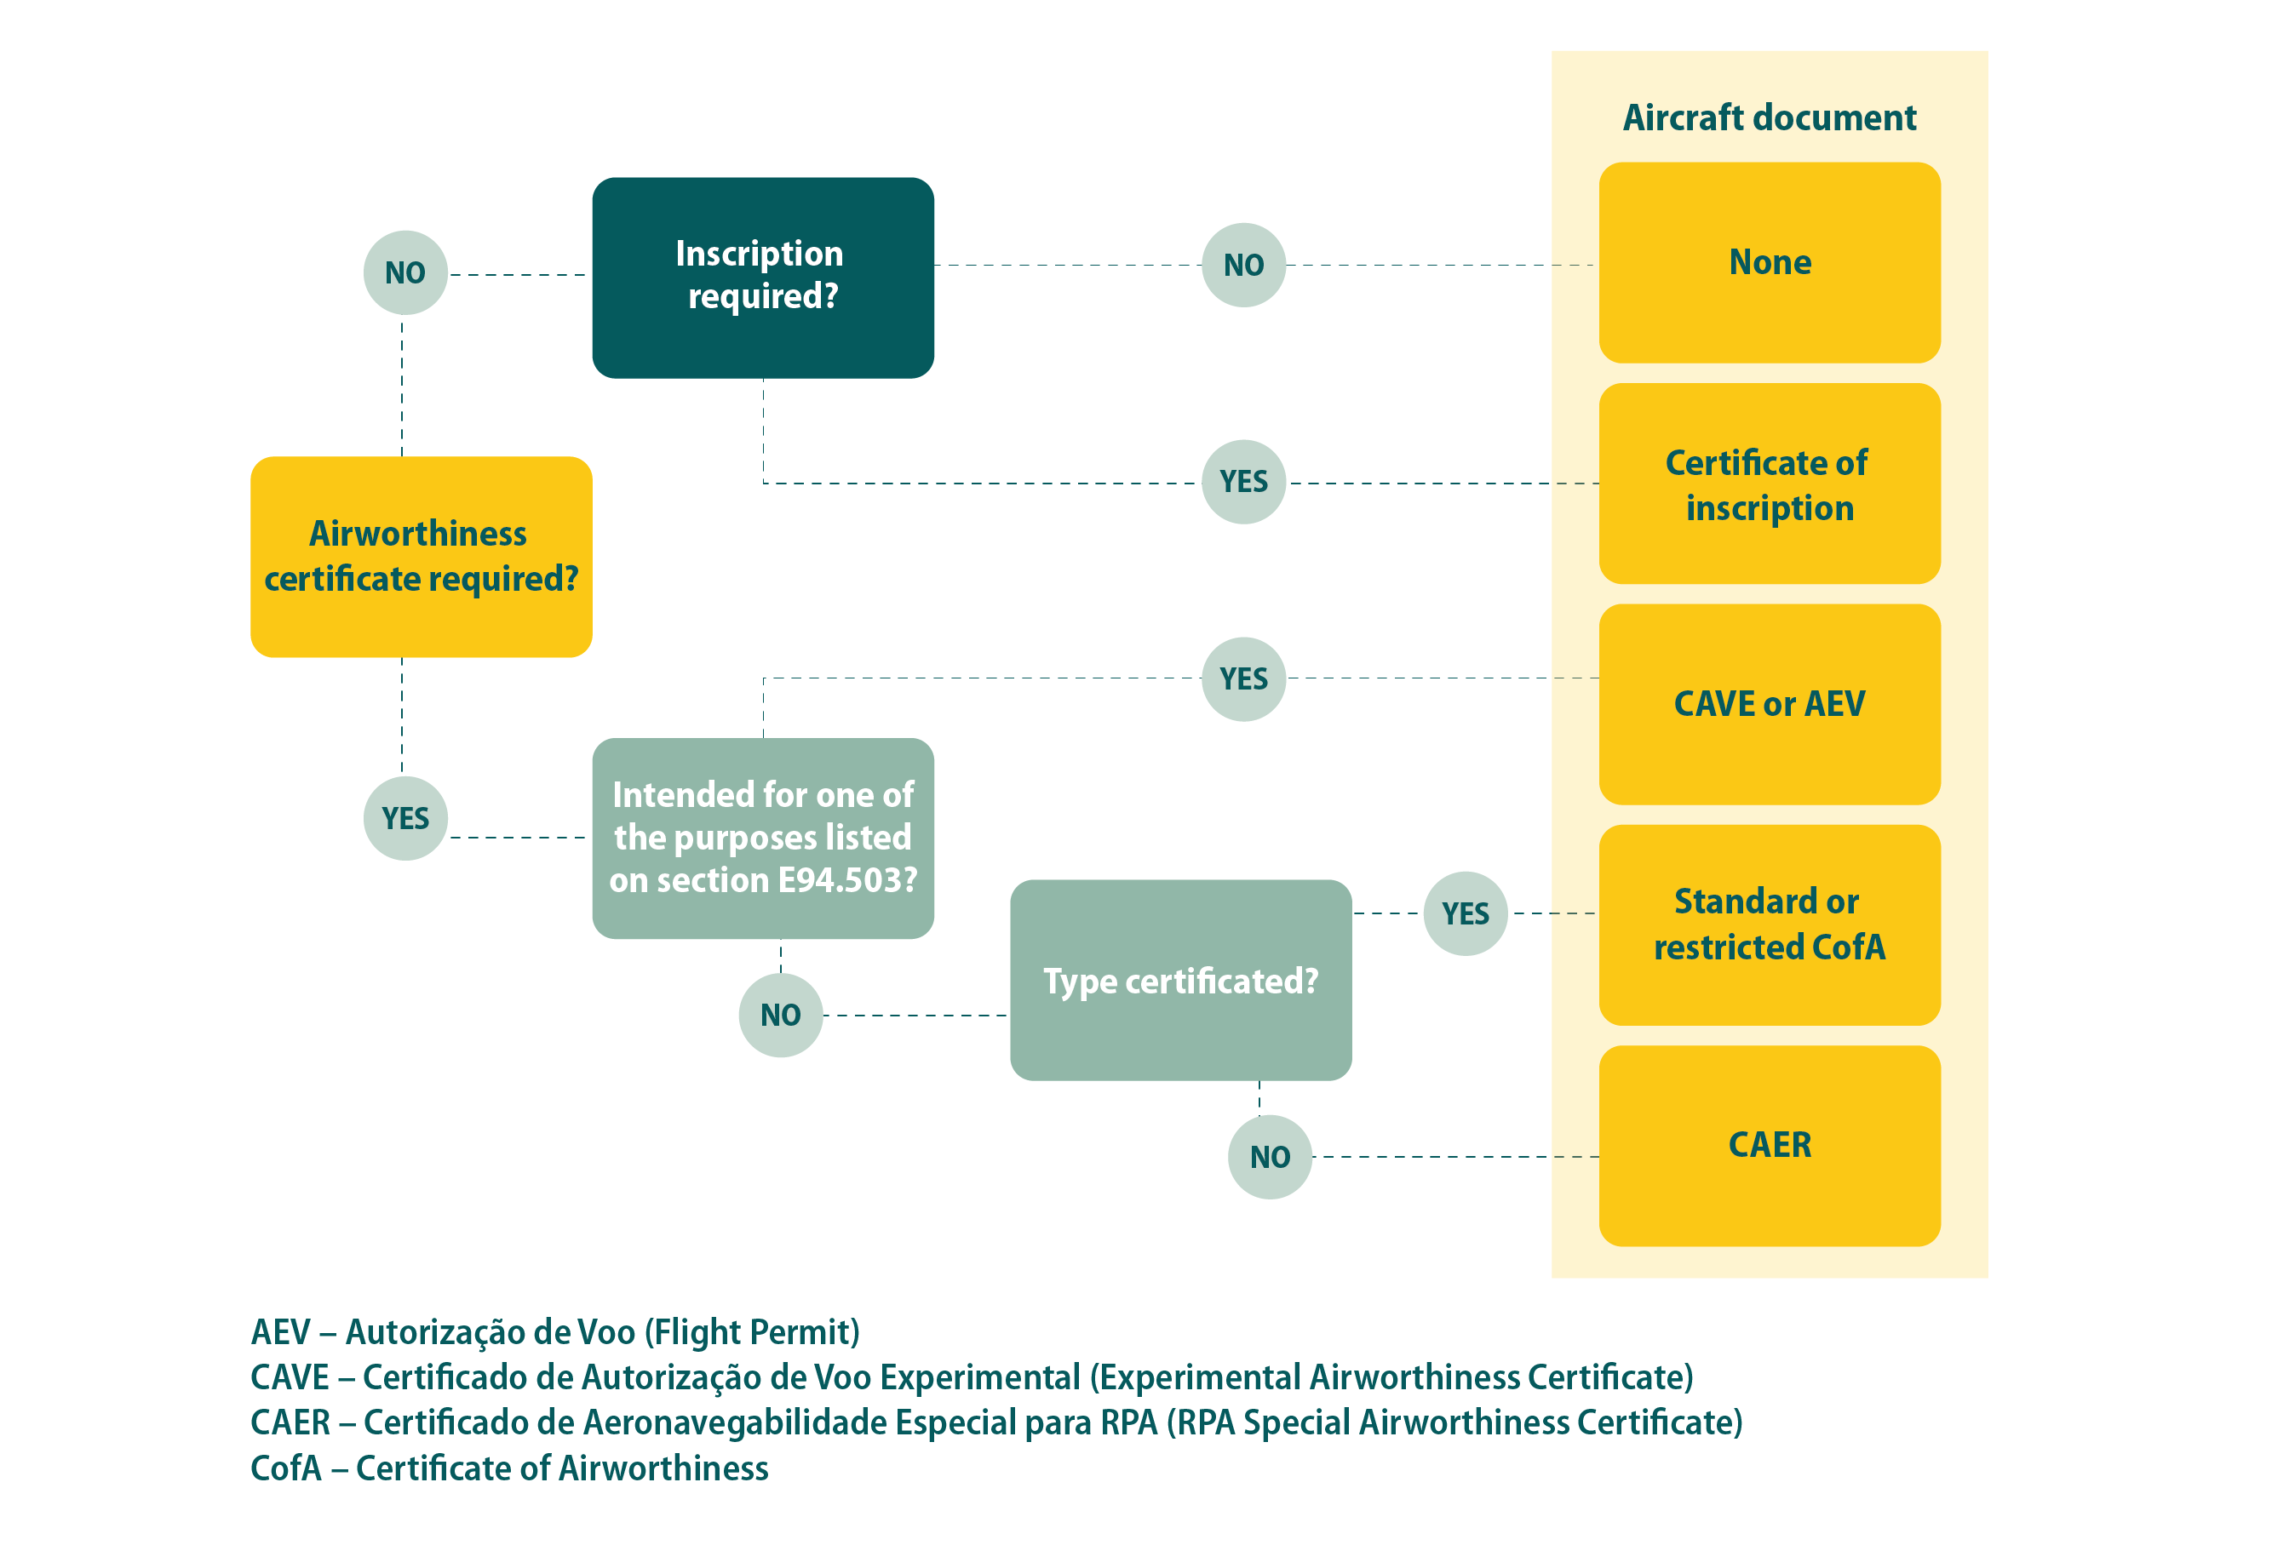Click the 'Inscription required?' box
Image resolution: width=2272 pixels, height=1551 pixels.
[762, 278]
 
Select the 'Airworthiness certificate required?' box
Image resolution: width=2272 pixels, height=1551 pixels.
[422, 556]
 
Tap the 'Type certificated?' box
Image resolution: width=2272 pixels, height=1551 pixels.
[1180, 981]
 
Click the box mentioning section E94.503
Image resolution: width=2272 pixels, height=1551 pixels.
[762, 838]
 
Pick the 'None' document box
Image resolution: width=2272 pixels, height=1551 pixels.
[1769, 263]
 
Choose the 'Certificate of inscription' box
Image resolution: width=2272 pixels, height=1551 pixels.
[1769, 484]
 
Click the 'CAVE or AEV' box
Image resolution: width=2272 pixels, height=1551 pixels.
[1769, 704]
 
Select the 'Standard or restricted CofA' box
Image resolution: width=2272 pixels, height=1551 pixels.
[1769, 924]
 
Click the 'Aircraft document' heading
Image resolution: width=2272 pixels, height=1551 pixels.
[1769, 117]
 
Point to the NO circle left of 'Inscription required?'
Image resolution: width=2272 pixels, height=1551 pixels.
[404, 272]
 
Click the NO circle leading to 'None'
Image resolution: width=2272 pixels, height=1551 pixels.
[1242, 265]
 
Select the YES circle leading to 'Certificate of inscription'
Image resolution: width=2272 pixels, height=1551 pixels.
[1242, 482]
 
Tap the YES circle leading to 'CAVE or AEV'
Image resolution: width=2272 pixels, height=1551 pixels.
[1242, 679]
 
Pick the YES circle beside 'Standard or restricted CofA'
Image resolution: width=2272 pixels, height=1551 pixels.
[1465, 913]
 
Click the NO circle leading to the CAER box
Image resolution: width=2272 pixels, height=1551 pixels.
[1269, 1157]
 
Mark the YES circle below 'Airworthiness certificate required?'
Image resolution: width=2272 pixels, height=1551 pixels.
[404, 818]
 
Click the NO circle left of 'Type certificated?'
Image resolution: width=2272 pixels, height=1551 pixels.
[780, 1015]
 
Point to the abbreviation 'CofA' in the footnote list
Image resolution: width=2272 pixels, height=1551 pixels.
[285, 1468]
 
